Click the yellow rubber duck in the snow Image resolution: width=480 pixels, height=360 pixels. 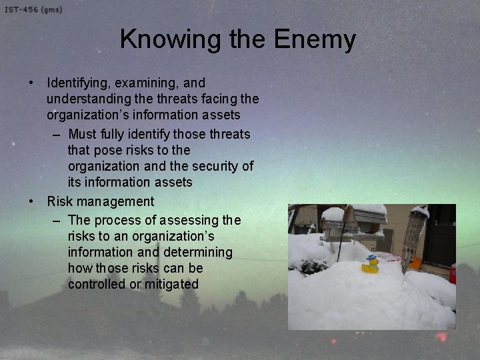click(370, 265)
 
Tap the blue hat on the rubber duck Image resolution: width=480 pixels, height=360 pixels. click(371, 257)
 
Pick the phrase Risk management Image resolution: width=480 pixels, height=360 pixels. click(100, 201)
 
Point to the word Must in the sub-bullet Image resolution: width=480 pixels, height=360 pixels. click(83, 134)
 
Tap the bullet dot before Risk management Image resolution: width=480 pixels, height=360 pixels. click(32, 201)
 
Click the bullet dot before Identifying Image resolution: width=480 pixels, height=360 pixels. click(32, 83)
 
